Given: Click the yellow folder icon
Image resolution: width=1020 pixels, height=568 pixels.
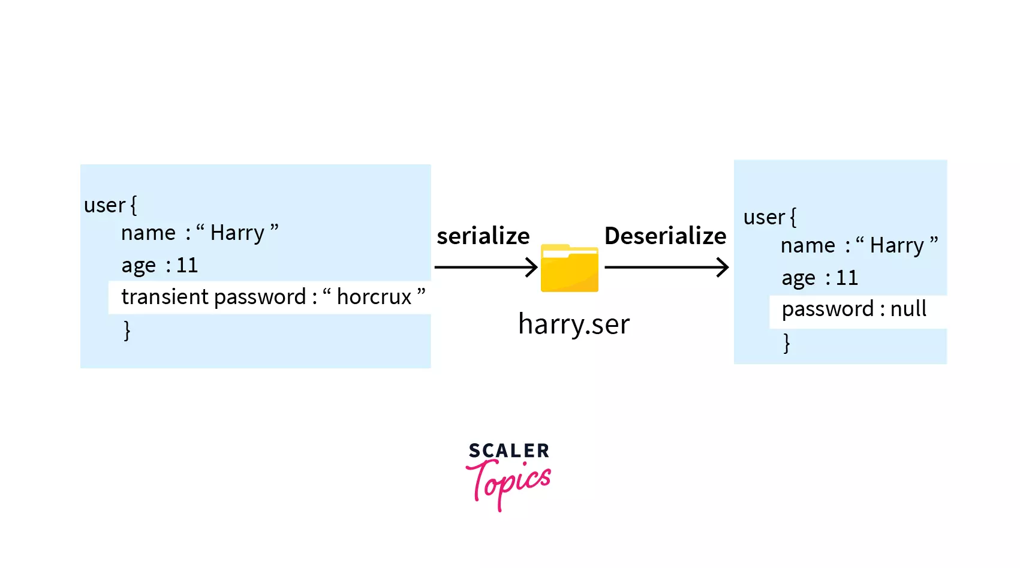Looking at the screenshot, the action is point(569,268).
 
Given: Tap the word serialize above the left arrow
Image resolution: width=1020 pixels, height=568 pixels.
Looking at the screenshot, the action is point(483,236).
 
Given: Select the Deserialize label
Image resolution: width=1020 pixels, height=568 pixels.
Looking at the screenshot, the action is point(665,236).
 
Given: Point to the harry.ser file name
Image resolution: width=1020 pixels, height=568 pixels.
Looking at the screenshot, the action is point(574,324).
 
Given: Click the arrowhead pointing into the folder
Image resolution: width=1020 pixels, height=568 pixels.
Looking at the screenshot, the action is point(532,267).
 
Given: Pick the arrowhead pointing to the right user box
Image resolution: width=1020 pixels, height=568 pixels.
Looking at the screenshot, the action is point(723,267).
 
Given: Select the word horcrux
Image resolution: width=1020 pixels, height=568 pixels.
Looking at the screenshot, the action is point(374,297).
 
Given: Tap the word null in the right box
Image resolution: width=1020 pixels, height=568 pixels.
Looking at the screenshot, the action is point(908,309).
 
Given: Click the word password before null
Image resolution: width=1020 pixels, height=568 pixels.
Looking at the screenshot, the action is point(828,309).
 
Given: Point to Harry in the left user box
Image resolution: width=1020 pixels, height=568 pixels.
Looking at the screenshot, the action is point(237,233).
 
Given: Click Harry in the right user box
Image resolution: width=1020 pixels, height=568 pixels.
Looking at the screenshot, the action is point(896,246).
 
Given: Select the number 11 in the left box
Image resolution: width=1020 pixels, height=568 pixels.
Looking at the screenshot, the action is point(187,265).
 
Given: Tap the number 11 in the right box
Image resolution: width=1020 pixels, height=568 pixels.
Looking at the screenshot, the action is point(847,278).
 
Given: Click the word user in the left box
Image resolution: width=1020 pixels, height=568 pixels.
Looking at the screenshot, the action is point(104,205).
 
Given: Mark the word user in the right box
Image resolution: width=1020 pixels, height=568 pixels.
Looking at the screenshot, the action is point(764,217).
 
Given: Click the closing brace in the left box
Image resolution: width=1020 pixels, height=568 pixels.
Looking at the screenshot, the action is point(127,330).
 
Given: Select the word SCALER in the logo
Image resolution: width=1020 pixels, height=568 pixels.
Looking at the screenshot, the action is point(509,450).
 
